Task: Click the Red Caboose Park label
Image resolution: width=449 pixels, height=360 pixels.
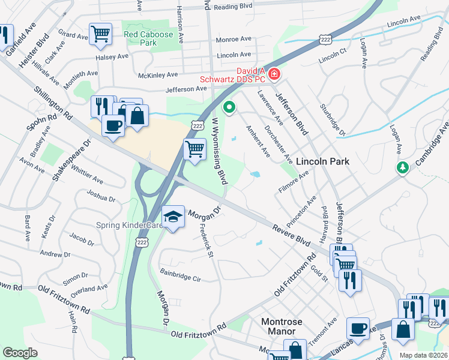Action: (148, 39)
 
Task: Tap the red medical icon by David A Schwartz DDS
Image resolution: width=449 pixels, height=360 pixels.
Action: (274, 74)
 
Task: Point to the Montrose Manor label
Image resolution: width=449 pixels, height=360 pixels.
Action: (286, 326)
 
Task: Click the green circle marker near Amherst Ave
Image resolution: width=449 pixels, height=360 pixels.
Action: (229, 108)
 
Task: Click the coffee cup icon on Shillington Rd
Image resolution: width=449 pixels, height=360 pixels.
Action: (113, 126)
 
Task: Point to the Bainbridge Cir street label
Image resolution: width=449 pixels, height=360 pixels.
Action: (180, 275)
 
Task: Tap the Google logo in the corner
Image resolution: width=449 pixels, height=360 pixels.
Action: (20, 353)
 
